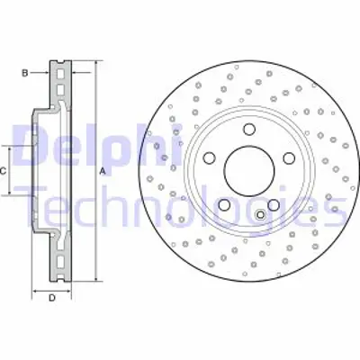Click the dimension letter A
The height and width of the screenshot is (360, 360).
point(103,170)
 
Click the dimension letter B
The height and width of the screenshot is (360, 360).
point(25,70)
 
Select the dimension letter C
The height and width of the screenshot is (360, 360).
point(4,170)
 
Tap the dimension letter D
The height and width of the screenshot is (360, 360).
point(52,297)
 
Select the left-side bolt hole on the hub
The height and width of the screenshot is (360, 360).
point(210,157)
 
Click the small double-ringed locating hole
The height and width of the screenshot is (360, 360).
point(260,214)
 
